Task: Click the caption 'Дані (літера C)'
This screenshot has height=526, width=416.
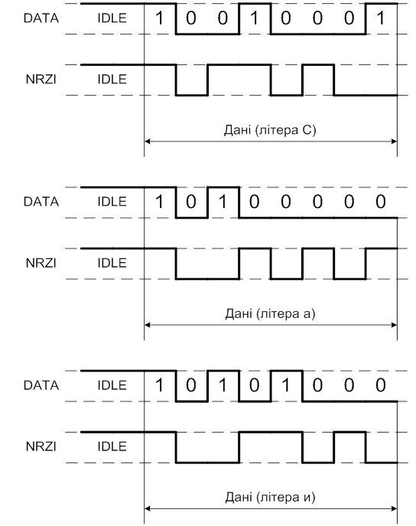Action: pyautogui.click(x=270, y=130)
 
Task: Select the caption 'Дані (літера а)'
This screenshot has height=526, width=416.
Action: pyautogui.click(x=270, y=313)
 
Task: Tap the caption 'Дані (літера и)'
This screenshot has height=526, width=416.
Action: pyautogui.click(x=270, y=497)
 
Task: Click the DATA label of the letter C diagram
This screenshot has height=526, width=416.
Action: pyautogui.click(x=41, y=18)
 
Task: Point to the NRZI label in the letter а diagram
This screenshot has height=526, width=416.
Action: pyautogui.click(x=41, y=263)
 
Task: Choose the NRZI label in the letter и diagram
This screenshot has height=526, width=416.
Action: pyautogui.click(x=41, y=446)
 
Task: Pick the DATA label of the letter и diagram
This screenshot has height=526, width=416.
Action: pyautogui.click(x=41, y=385)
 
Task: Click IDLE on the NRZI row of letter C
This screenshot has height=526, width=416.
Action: pyautogui.click(x=112, y=80)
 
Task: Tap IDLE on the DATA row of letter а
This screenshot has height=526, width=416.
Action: pyautogui.click(x=112, y=202)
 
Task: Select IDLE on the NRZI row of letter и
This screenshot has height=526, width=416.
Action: pyautogui.click(x=112, y=446)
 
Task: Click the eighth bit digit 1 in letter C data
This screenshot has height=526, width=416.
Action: pyautogui.click(x=380, y=18)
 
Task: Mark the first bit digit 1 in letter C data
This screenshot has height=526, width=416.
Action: pyautogui.click(x=159, y=18)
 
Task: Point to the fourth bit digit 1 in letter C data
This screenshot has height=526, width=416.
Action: pyautogui.click(x=255, y=18)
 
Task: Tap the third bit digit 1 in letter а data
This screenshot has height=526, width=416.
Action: pyautogui.click(x=223, y=202)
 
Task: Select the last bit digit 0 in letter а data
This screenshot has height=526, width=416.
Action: pyautogui.click(x=380, y=202)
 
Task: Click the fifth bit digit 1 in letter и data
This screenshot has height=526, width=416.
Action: pyautogui.click(x=285, y=385)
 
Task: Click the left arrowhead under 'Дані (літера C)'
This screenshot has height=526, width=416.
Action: pyautogui.click(x=147, y=141)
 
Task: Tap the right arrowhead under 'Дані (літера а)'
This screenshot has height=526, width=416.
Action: pyautogui.click(x=394, y=325)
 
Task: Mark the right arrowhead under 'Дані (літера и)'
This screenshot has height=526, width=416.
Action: pyautogui.click(x=394, y=508)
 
